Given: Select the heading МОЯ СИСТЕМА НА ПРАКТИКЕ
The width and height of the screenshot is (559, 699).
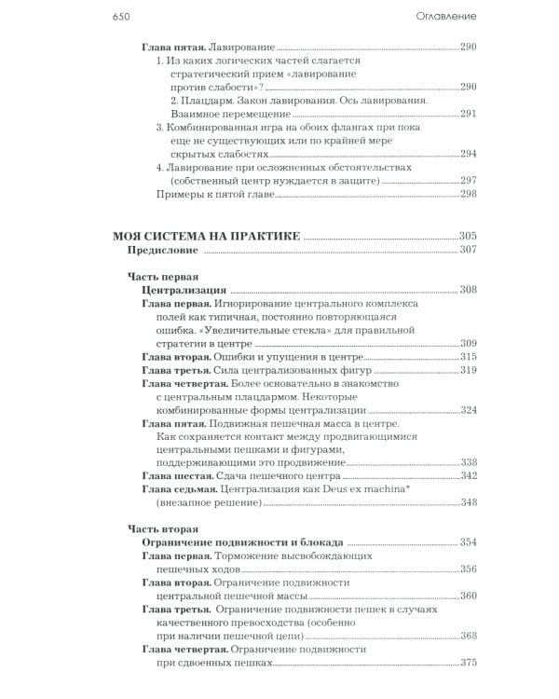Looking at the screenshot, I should point(205,237).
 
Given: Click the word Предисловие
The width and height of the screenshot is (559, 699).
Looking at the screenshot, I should point(164,251).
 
